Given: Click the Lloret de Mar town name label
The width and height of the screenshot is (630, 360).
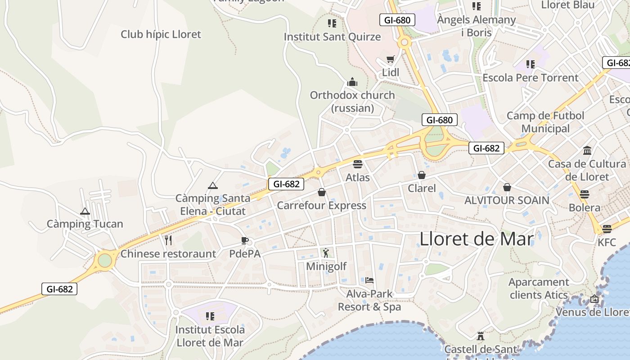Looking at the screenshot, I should coord(477,239).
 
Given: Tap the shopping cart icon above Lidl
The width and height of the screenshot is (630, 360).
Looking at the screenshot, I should coord(391,59).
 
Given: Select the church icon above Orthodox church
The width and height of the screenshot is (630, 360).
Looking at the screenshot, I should coord(352,82).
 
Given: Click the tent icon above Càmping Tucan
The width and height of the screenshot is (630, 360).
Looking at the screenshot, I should coord(85,211).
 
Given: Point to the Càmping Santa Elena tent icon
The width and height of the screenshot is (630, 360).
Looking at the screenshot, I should coord(212,185).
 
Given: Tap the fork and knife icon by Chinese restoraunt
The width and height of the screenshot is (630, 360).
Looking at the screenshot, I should coord(168,240).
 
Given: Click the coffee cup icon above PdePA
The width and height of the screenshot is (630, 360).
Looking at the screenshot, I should coord(244,240).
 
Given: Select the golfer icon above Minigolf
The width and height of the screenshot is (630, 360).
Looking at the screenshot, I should coord(326,253).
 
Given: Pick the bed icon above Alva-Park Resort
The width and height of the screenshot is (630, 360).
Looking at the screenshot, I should coord(369,280).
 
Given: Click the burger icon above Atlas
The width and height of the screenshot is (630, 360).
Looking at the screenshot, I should coord(358,164).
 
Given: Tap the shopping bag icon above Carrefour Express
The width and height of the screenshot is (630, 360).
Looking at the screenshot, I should coord(322,193).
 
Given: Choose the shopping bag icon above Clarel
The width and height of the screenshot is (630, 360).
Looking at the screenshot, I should coord(422,175).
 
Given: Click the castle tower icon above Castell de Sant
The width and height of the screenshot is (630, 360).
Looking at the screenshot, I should coord(481,336).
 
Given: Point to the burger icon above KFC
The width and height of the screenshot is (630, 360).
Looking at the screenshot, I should coord(607,229).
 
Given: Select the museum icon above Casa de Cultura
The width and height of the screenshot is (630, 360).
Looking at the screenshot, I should coord(587,150).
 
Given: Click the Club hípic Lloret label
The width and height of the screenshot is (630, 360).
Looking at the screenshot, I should coord(161,34).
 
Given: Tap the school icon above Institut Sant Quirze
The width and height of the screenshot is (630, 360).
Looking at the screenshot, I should coord(332,23).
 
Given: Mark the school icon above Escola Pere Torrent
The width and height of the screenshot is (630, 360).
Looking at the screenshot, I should coord(531,64).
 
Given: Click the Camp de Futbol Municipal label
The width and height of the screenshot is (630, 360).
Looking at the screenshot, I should coord(545,122).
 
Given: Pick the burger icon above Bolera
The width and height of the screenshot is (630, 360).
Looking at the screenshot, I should coord(584,194).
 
